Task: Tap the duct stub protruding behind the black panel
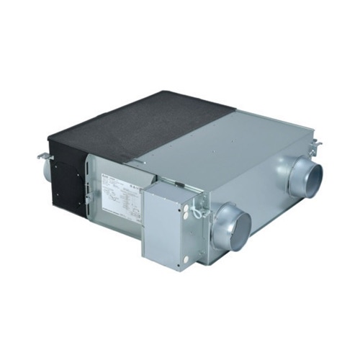click(44, 172)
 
